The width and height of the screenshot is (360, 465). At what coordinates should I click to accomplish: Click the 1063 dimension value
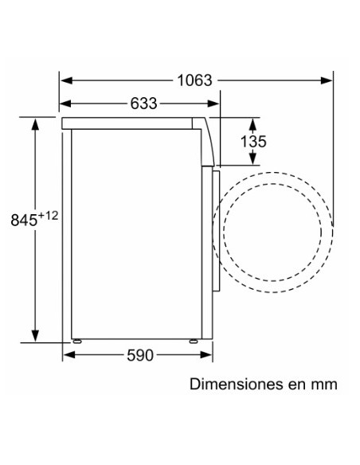(x=194, y=80)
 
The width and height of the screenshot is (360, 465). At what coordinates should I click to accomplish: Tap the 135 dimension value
(x=252, y=142)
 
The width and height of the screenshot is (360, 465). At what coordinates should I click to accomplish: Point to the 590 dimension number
(x=139, y=355)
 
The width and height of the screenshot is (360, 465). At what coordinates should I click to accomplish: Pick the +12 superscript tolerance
(x=51, y=216)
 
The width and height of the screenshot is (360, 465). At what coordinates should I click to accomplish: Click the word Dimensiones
(x=235, y=384)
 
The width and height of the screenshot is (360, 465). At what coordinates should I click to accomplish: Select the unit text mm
(x=325, y=384)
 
